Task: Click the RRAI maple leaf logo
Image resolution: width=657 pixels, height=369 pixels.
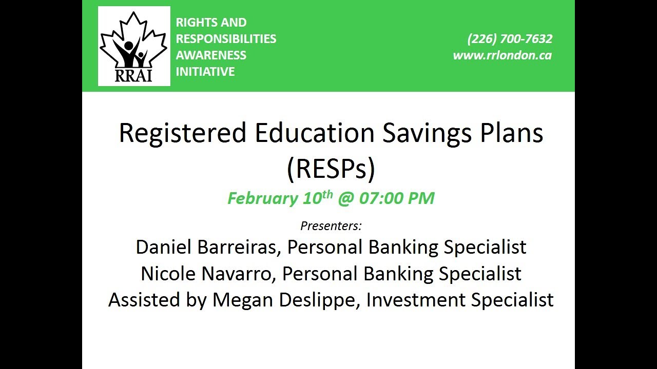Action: [134, 46]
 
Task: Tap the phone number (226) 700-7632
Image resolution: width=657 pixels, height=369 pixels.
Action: [509, 39]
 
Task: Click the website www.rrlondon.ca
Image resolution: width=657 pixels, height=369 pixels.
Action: [502, 55]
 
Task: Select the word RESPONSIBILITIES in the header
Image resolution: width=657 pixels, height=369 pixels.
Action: [226, 39]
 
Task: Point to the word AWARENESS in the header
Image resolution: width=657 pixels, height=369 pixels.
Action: [211, 55]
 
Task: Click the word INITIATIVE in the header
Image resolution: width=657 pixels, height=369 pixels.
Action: [205, 72]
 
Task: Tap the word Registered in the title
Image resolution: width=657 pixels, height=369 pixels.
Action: [182, 133]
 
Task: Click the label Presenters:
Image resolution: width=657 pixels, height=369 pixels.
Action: [331, 226]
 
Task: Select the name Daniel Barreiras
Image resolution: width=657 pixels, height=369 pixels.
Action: [208, 247]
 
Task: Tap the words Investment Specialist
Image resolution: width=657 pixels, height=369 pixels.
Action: [460, 300]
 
